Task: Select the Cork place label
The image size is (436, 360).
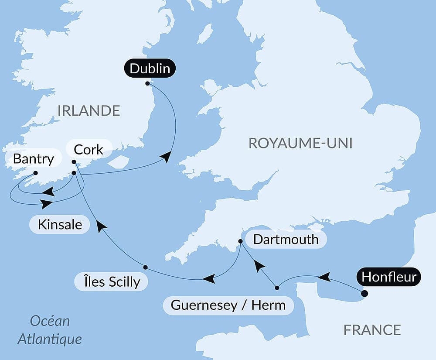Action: click(x=89, y=149)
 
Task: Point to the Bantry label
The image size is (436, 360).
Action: click(x=33, y=158)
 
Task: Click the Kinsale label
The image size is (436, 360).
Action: click(x=60, y=225)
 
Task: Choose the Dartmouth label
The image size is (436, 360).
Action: click(x=286, y=239)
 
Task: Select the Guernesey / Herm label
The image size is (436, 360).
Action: click(x=228, y=305)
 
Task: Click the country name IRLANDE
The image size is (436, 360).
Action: click(x=89, y=111)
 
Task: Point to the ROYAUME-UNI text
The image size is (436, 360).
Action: click(x=300, y=143)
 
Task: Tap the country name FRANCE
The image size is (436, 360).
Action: click(x=372, y=330)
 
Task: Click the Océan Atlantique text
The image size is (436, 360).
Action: click(x=50, y=329)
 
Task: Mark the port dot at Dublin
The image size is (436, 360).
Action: click(x=147, y=83)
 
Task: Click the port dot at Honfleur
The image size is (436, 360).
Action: click(x=364, y=294)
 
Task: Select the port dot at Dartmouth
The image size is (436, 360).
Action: click(x=240, y=241)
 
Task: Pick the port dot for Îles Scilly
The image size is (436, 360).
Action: click(x=146, y=267)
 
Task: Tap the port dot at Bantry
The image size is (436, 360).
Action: click(x=35, y=173)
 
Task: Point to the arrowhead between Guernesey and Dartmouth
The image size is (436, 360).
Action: click(x=259, y=265)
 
